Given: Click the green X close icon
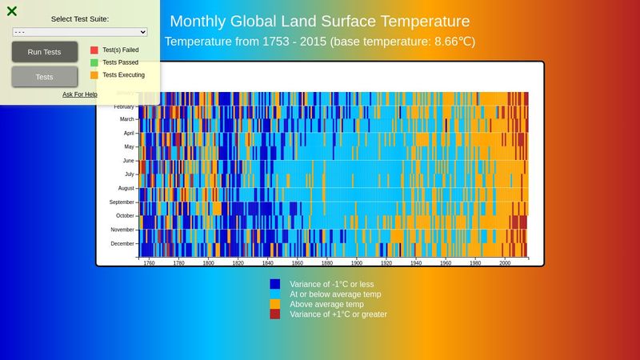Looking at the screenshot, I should pyautogui.click(x=12, y=11).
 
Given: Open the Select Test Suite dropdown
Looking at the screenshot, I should pyautogui.click(x=80, y=31).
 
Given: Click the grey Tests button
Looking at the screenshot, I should pyautogui.click(x=45, y=77).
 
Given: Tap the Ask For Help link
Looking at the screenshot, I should pyautogui.click(x=80, y=94).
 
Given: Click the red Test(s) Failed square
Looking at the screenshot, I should pyautogui.click(x=94, y=50).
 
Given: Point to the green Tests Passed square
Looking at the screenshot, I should pyautogui.click(x=94, y=62).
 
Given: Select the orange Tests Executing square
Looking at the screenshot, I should pyautogui.click(x=94, y=75).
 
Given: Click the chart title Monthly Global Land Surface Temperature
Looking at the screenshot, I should pyautogui.click(x=320, y=21).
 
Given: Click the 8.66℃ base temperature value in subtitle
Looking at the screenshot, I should pyautogui.click(x=454, y=41).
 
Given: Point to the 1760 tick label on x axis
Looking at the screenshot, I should pyautogui.click(x=149, y=262).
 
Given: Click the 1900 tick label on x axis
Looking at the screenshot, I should pyautogui.click(x=357, y=262).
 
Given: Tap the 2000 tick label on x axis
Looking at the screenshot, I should pyautogui.click(x=505, y=262).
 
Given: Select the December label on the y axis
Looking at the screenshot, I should pyautogui.click(x=122, y=243).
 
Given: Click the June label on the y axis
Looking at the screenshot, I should pyautogui.click(x=128, y=161).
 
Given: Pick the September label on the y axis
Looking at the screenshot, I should pyautogui.click(x=122, y=202).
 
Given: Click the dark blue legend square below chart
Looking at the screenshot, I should pyautogui.click(x=275, y=284).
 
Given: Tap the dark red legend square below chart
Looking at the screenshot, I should pyautogui.click(x=275, y=314).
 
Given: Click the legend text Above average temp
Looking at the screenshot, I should pyautogui.click(x=326, y=304).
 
